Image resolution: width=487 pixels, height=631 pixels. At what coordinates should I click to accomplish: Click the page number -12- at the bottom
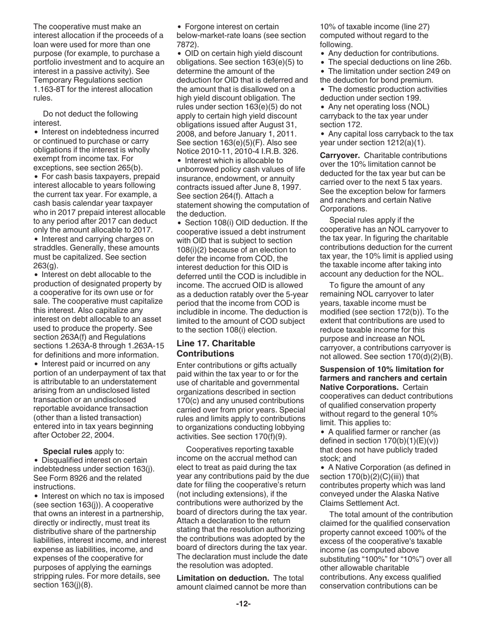click(243, 604)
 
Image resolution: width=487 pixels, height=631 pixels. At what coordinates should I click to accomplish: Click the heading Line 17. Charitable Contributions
click(215, 348)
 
